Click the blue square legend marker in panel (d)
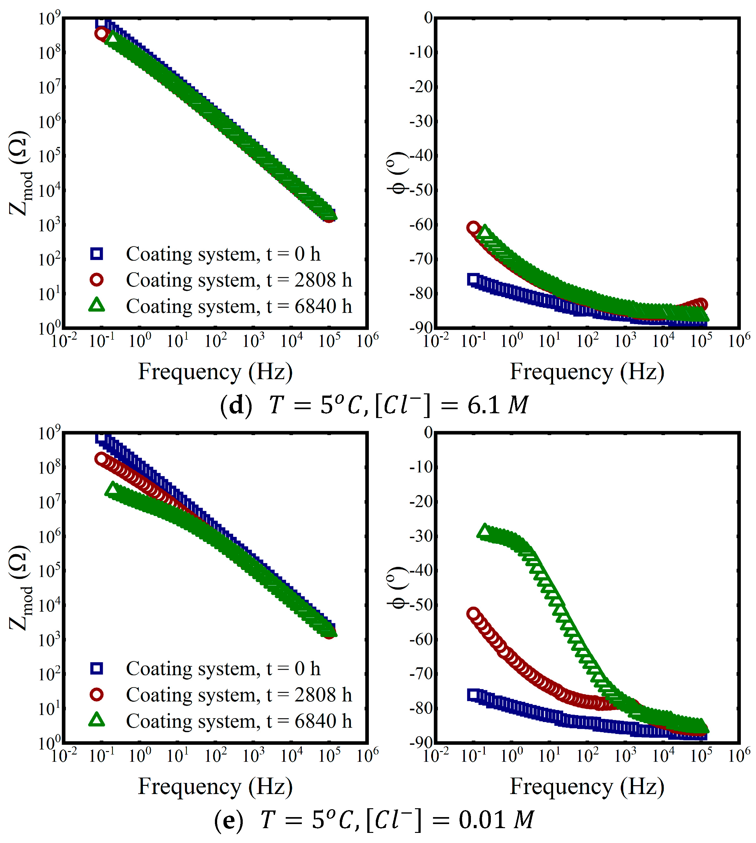tap(96, 253)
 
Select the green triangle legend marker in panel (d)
tap(96, 305)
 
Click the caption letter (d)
tap(236, 405)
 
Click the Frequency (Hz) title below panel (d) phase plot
tap(587, 371)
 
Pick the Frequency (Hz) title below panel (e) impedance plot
tap(215, 786)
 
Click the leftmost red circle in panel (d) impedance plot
tap(101, 33)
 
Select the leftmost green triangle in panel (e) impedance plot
tap(112, 489)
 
